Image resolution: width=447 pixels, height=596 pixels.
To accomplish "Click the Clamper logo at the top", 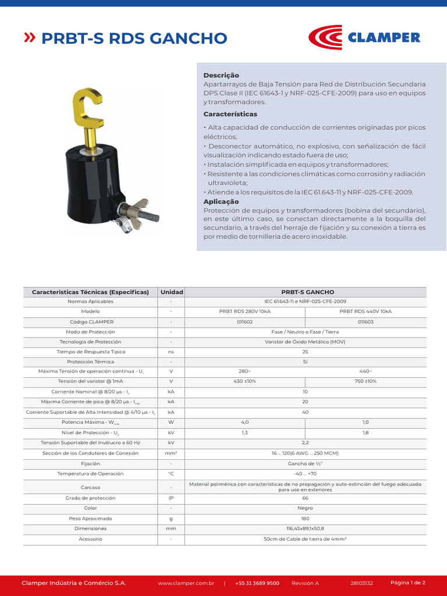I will (x=363, y=37).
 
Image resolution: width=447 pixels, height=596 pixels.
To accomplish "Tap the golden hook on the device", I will (x=87, y=108).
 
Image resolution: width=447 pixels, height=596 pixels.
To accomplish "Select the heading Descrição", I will (x=221, y=75).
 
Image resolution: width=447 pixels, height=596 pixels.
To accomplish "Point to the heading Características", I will (x=230, y=114).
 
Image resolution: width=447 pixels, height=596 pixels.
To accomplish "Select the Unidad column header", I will (x=172, y=292).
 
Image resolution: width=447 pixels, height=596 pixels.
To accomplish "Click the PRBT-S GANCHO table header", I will (x=305, y=292).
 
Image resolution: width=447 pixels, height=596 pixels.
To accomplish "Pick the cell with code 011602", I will (x=244, y=322).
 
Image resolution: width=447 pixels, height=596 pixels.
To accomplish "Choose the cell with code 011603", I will (x=366, y=322).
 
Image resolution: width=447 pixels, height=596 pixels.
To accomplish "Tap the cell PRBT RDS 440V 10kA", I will (x=366, y=311).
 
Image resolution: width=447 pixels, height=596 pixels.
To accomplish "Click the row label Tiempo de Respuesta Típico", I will (x=91, y=352).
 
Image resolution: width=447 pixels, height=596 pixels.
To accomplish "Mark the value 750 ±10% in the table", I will (x=366, y=381).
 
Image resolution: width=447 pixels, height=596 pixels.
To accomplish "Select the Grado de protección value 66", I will (x=305, y=498).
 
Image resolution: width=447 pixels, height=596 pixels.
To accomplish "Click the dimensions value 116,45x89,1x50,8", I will (x=305, y=528).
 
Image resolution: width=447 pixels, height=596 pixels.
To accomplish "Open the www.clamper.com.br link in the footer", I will (x=186, y=583).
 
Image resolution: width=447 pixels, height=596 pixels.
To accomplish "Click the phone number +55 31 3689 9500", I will (x=257, y=583).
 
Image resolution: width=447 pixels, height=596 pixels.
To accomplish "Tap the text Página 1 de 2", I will (x=408, y=582).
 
